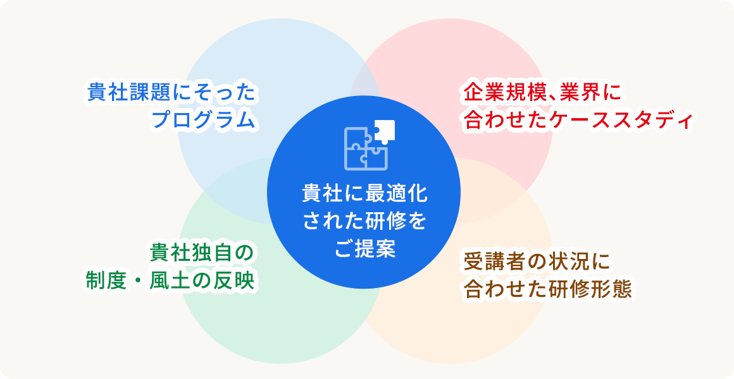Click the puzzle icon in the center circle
(x=370, y=145)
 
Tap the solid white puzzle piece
(x=385, y=131)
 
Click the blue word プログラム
(x=204, y=120)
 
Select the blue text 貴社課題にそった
(x=172, y=92)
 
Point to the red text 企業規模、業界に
(x=542, y=92)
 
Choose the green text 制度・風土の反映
(x=170, y=281)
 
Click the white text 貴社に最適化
(x=364, y=193)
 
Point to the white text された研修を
(x=364, y=220)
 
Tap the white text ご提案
(x=364, y=248)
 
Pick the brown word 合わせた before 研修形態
(x=507, y=290)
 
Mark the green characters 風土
(x=169, y=281)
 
